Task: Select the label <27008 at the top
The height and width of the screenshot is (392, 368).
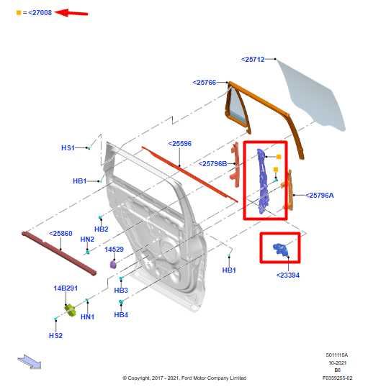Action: click(40, 12)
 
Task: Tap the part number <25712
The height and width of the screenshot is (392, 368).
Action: click(253, 59)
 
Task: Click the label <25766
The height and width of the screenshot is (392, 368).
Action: click(205, 83)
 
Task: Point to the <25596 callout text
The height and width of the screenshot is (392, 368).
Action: click(180, 143)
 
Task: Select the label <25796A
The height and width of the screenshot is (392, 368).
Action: click(320, 195)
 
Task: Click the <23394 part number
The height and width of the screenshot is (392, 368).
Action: click(288, 275)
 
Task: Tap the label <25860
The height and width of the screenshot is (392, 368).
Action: click(60, 234)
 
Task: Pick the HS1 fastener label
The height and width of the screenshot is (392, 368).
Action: click(68, 147)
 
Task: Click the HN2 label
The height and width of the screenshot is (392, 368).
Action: click(87, 239)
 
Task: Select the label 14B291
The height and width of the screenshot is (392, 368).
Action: click(65, 288)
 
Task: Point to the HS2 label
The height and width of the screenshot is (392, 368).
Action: click(55, 336)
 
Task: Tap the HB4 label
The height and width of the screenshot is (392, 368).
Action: click(121, 315)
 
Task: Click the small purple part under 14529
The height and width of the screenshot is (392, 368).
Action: click(113, 264)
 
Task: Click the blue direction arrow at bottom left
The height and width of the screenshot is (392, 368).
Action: click(29, 361)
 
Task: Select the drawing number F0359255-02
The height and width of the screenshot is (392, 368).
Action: click(337, 378)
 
